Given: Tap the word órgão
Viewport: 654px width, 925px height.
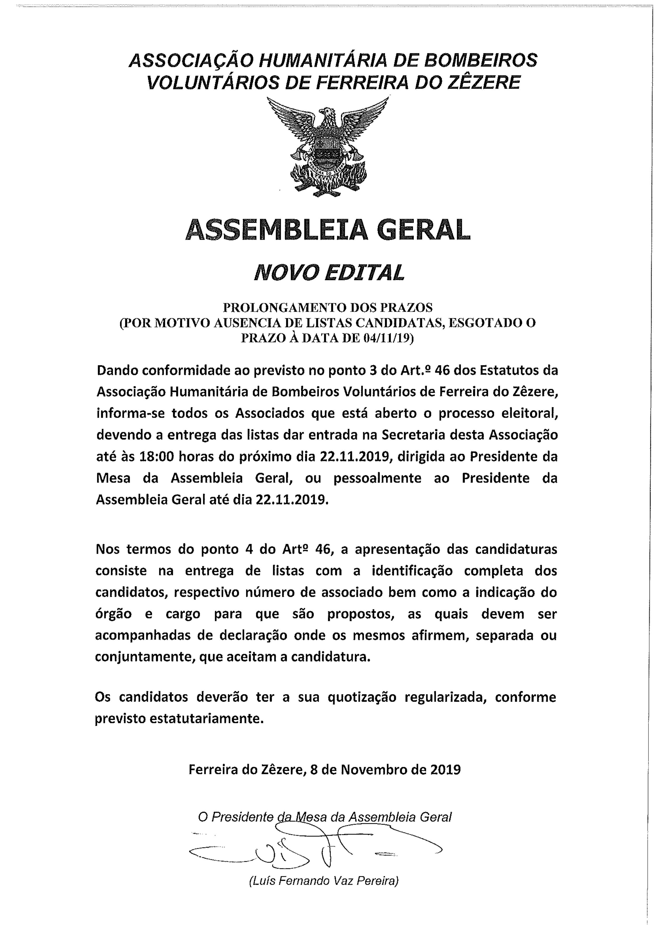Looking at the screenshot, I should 114,614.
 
